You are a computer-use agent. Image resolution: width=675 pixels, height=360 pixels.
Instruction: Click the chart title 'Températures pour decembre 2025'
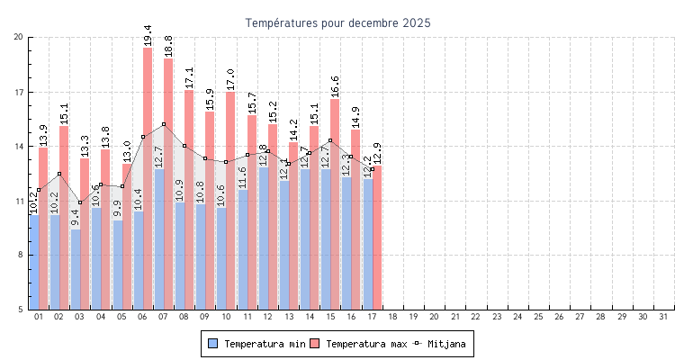coord(337,22)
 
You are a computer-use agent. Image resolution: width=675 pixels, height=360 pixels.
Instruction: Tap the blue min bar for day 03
coord(76,270)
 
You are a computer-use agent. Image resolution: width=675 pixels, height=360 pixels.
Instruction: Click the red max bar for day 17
coord(377,238)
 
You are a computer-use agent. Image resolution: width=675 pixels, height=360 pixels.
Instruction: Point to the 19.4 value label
coord(148,35)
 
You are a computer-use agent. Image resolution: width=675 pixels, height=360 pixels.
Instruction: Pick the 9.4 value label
coord(76,217)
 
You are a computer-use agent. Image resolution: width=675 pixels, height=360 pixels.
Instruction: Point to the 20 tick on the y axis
coord(19,37)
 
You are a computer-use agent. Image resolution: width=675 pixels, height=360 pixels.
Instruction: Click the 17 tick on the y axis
coord(19,92)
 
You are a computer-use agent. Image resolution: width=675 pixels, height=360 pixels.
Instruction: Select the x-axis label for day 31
coord(664,317)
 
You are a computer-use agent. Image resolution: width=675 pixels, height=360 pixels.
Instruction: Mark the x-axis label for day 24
coord(517,317)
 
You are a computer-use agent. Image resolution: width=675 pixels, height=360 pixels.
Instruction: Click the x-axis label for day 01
coord(39,317)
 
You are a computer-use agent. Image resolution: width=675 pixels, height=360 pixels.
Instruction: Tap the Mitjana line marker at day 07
coord(164,124)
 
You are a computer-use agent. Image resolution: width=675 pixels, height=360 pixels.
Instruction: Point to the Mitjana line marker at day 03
coord(80,202)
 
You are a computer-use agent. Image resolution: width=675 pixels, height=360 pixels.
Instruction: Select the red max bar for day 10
coord(230,198)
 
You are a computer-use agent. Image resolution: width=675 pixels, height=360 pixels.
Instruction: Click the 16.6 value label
coord(335,86)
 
